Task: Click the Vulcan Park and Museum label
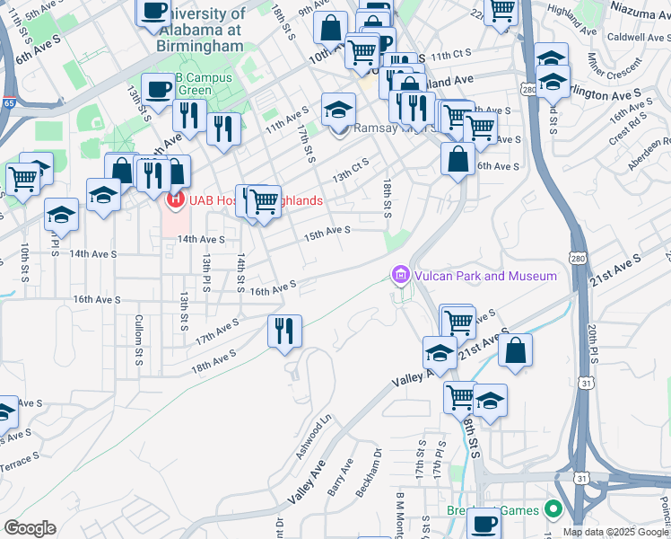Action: point(484,276)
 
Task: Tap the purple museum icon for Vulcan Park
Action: point(400,275)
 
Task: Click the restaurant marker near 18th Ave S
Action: point(285,331)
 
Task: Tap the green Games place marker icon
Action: point(553,509)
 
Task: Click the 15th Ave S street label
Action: point(325,232)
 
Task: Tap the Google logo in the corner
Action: point(30,528)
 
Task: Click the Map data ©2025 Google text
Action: point(616,532)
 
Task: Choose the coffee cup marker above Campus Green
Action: point(159,90)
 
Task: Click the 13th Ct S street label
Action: point(351,170)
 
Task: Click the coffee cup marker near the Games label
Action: point(483,524)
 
